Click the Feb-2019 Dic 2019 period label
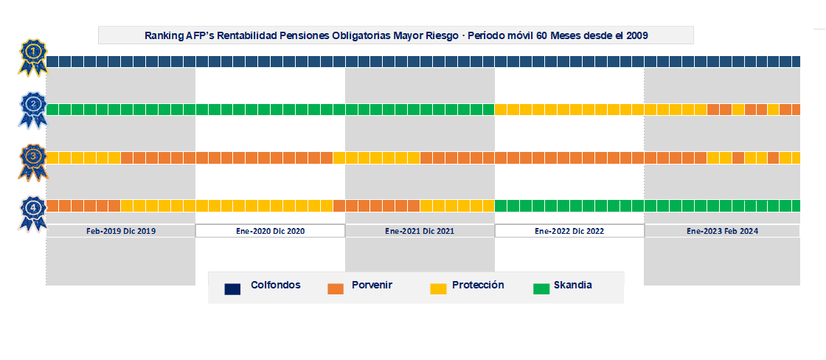120,231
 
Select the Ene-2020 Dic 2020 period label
270,231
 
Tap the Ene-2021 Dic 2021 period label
420,231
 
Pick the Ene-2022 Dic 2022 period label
569,231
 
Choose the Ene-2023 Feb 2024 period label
722,231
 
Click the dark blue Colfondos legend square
233,288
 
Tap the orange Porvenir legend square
336,288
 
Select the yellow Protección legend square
438,288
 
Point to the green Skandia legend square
541,288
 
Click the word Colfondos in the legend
275,285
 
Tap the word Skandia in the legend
572,285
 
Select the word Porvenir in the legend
372,285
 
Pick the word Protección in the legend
478,285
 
